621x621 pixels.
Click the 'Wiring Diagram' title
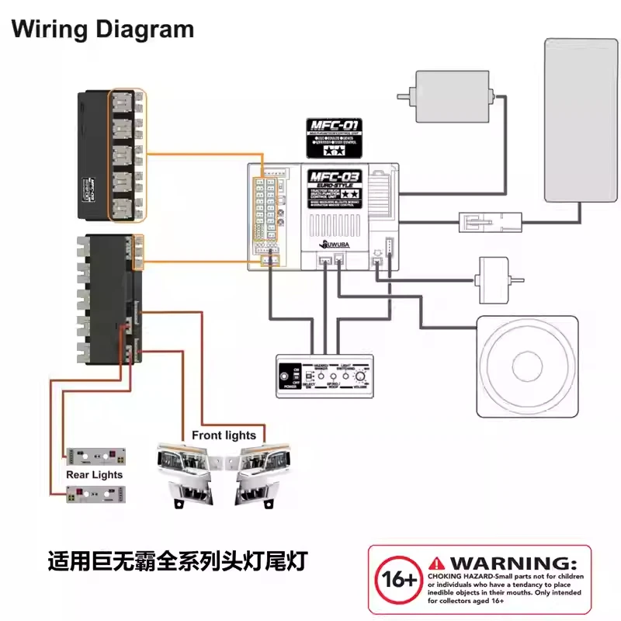[x=102, y=30]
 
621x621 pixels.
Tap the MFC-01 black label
[x=335, y=137]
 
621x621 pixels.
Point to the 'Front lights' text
[x=224, y=435]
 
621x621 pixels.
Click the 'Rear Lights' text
[x=94, y=474]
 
